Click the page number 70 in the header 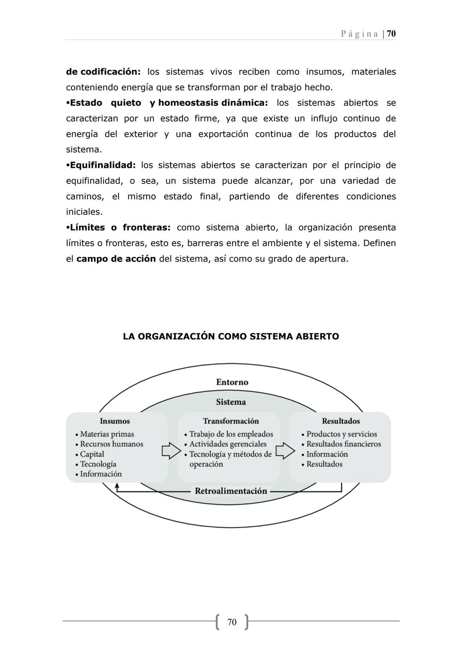coord(391,34)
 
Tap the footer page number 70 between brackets coord(231,622)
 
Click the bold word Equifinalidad coord(102,165)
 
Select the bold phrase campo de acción coord(116,259)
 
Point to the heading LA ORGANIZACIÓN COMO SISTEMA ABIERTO coord(231,337)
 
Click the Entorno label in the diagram coord(232,382)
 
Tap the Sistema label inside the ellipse coord(231,402)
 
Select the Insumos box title coord(115,421)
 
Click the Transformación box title coord(231,421)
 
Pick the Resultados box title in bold coord(341,421)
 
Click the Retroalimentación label coord(231,491)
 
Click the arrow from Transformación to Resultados coord(285,451)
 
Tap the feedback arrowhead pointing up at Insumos coord(117,486)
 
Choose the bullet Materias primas coord(107,434)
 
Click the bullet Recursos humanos coord(112,444)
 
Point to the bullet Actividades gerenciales coord(228,444)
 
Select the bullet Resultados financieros coord(344,444)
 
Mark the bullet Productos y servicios coord(341,434)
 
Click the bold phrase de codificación coord(103,72)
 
